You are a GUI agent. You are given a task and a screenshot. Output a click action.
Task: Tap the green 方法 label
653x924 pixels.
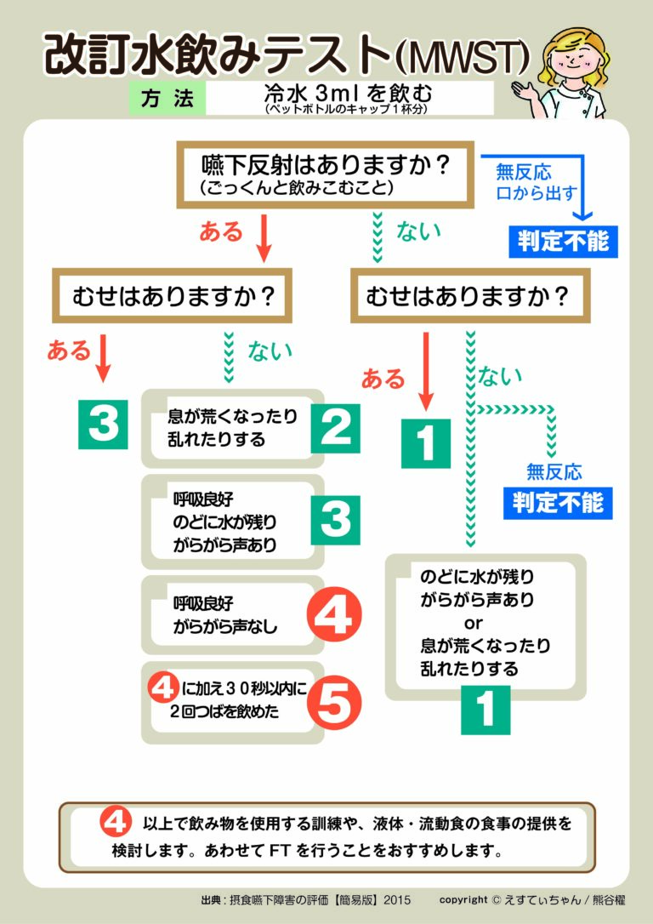coord(168,98)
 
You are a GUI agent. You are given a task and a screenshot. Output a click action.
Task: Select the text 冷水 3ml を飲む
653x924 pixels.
coord(348,93)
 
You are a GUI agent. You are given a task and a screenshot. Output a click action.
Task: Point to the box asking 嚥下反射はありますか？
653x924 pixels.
coord(326,174)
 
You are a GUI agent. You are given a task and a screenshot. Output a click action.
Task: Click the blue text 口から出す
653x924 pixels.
coord(536,193)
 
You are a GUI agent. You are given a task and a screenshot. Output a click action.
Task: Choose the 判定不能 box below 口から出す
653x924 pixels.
coord(563,241)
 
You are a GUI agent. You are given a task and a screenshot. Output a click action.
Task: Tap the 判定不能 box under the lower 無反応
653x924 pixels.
coord(558,503)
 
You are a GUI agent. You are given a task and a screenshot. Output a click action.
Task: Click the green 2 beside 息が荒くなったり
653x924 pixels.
coord(336,429)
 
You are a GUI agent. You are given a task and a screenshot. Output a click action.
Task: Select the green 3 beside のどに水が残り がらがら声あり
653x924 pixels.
coord(336,521)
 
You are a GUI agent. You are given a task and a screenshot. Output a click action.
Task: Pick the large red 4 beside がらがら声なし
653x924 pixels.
coord(334,614)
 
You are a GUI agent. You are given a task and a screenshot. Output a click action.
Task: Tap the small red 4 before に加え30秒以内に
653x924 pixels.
coord(162,687)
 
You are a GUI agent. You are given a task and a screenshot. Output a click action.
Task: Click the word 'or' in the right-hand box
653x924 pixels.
coord(474,623)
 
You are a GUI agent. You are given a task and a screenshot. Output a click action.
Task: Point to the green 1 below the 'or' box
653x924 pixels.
coord(485,710)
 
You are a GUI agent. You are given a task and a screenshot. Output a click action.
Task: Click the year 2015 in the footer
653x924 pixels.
coord(397,900)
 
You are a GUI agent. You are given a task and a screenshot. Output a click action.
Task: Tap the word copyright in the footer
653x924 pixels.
coord(463,900)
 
